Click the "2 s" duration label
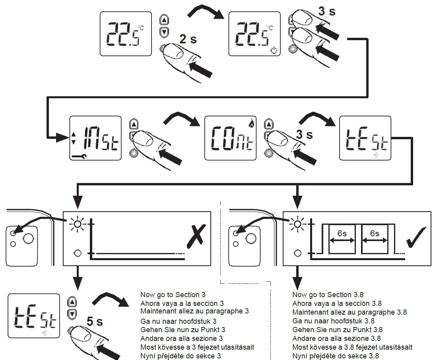[x=188, y=39]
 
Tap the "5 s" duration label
[x=95, y=321]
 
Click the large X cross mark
[x=196, y=234]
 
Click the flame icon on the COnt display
[x=250, y=124]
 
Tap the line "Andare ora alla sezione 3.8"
[x=336, y=339]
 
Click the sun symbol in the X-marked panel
[x=77, y=225]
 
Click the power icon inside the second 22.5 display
[x=273, y=50]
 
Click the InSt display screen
[x=95, y=138]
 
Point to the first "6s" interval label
[x=342, y=234]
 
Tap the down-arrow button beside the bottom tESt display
[x=72, y=314]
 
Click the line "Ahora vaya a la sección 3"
[x=182, y=304]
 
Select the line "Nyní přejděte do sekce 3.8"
[x=336, y=356]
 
